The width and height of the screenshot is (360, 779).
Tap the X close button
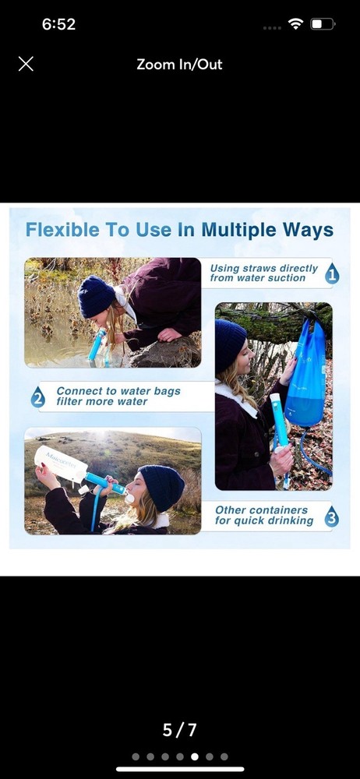(26, 64)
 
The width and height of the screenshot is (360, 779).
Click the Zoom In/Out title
(179, 65)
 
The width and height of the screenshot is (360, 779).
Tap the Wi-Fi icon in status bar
(295, 24)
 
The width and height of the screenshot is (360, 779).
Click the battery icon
(322, 24)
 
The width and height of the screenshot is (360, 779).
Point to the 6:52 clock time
(58, 24)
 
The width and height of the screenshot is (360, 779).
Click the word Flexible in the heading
(62, 230)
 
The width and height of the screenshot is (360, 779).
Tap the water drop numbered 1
(331, 273)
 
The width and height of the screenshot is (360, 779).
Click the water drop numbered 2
(37, 397)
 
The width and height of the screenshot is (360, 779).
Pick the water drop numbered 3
(331, 516)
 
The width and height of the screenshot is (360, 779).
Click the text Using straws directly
(263, 268)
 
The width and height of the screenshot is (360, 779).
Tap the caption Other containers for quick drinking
(263, 516)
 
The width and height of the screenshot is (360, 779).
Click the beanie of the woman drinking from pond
(97, 296)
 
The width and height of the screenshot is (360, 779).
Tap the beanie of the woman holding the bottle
(161, 487)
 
